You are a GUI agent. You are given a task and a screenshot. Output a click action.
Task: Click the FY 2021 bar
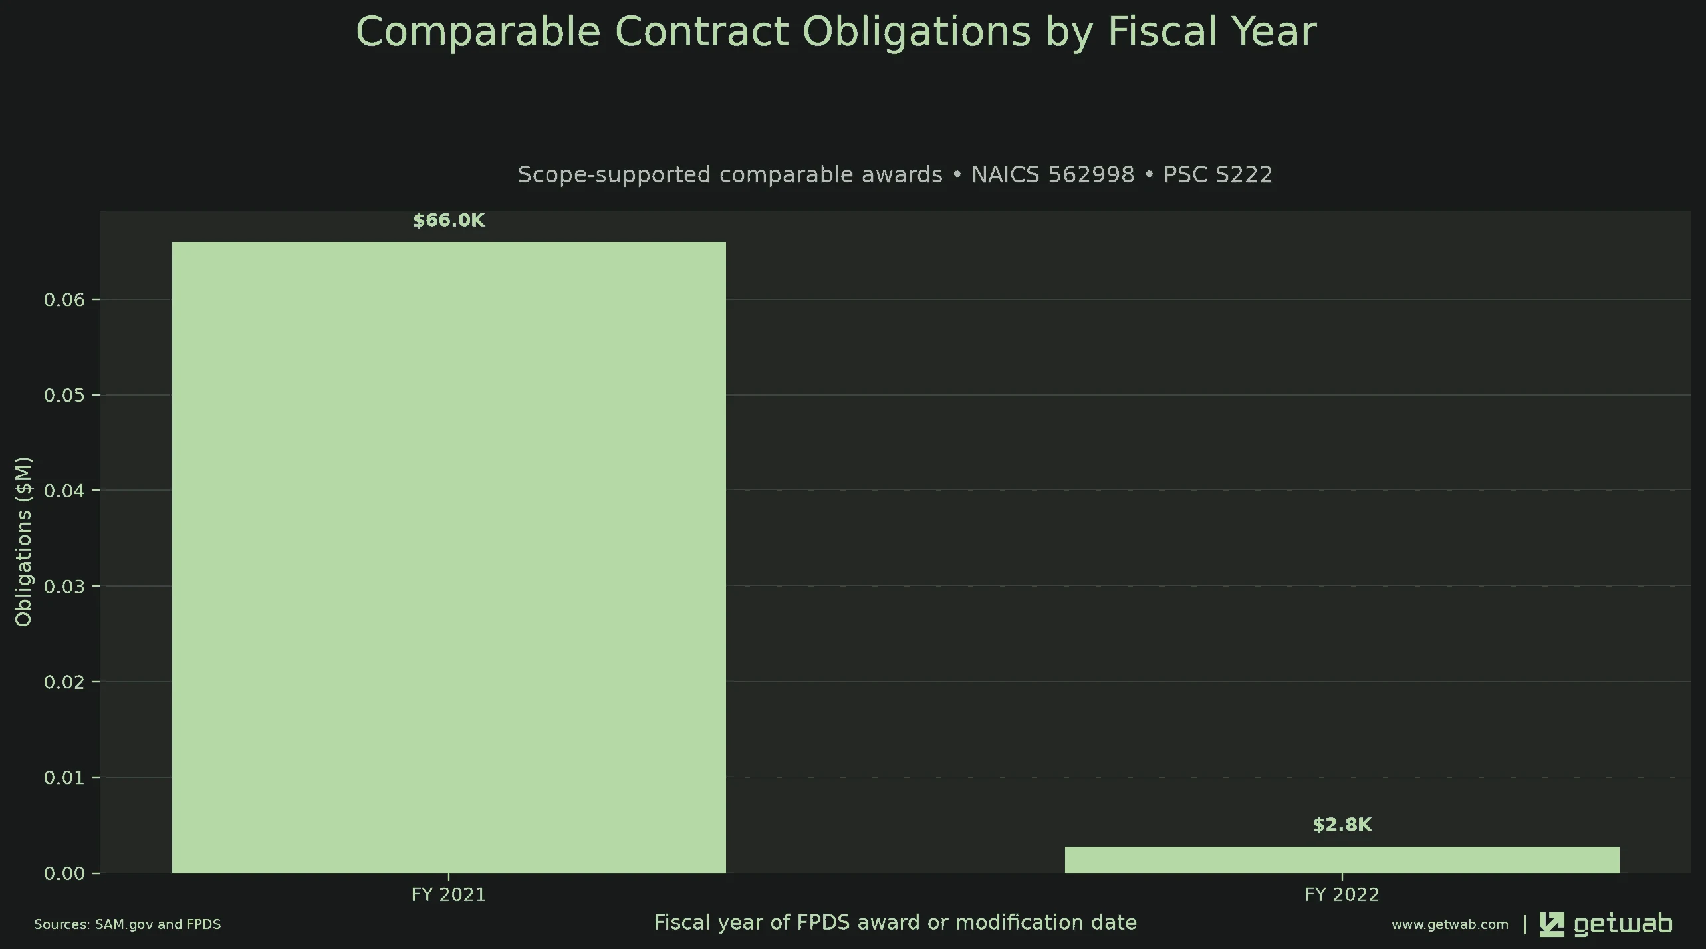coord(449,557)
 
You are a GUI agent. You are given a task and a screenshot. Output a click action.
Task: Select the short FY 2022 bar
coord(1342,860)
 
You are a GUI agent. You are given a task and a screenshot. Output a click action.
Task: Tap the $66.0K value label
coord(449,221)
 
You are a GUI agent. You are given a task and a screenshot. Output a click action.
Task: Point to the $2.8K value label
coord(1342,825)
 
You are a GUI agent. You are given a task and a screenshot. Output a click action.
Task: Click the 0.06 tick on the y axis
coord(64,300)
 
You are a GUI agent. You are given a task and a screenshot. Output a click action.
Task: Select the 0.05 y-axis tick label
coord(64,396)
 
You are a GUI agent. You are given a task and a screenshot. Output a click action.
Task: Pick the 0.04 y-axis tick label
coord(64,491)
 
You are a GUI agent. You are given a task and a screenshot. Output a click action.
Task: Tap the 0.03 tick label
coord(64,587)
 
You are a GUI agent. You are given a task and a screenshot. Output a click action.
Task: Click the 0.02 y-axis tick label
coord(64,682)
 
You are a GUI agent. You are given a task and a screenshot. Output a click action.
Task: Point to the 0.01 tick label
coord(64,777)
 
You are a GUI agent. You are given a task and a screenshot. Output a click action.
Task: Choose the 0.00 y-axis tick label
coord(64,873)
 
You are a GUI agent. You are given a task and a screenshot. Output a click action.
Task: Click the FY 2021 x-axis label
coord(449,895)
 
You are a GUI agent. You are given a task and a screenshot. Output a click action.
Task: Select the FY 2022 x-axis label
coord(1342,895)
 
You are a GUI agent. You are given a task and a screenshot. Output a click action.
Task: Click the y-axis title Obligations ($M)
coord(23,541)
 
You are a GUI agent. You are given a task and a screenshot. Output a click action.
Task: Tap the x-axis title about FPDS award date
coord(896,923)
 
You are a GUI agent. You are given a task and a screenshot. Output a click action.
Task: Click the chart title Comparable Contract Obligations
coord(836,31)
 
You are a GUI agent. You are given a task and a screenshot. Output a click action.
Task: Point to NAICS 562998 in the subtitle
coord(1053,174)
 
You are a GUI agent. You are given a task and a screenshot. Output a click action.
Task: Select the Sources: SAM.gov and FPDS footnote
coord(128,924)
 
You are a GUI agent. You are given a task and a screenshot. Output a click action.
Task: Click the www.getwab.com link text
coord(1450,924)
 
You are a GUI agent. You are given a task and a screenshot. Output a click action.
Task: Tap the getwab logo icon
coord(1552,925)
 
